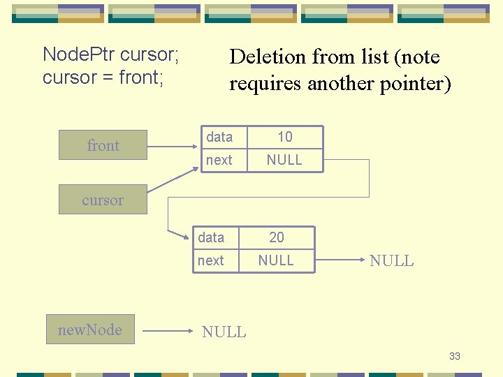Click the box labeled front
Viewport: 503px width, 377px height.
pos(103,145)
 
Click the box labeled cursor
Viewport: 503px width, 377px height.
pos(102,200)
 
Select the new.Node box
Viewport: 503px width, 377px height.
pos(89,330)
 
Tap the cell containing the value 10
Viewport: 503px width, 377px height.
pos(285,137)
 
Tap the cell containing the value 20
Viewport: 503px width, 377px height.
pos(277,237)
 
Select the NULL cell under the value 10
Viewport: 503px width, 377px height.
pos(285,160)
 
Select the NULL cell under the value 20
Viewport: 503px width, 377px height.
pos(277,260)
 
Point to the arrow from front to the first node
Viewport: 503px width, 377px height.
pos(171,147)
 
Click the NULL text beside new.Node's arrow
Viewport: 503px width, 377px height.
pos(224,332)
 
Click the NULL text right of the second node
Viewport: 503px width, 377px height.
pos(391,261)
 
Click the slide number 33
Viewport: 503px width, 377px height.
pos(455,357)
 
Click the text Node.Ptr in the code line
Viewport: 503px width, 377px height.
pos(79,54)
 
